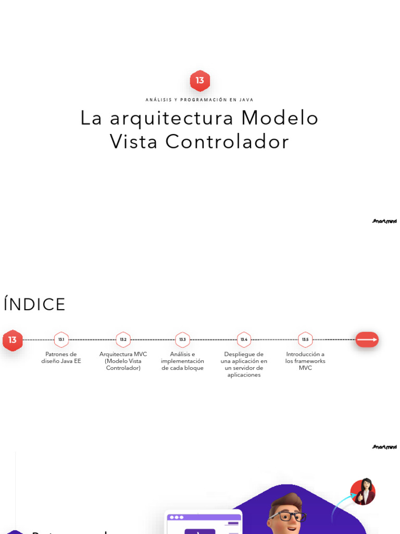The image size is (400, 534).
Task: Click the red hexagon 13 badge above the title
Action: click(x=200, y=81)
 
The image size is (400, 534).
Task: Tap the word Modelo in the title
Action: click(x=280, y=118)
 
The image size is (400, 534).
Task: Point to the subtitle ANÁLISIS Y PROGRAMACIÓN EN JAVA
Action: click(x=200, y=100)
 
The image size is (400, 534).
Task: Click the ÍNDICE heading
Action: click(x=34, y=305)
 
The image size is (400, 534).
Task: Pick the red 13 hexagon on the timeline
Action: click(x=12, y=340)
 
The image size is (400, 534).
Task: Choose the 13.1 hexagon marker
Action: click(x=61, y=339)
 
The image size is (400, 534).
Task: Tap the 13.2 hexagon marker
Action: click(x=123, y=339)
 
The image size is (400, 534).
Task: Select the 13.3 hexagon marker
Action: click(x=183, y=339)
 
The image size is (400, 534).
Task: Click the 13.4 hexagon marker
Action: click(x=244, y=339)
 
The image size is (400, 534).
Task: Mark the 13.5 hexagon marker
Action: click(x=305, y=339)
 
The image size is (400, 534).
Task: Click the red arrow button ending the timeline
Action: click(x=367, y=339)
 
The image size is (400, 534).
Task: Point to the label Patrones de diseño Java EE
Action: click(x=61, y=358)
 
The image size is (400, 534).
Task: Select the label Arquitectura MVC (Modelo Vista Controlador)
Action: click(x=123, y=361)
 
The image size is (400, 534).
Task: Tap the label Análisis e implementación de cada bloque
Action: click(x=183, y=361)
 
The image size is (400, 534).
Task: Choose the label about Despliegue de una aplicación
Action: click(x=244, y=364)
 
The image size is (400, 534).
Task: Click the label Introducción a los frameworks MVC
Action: click(x=305, y=361)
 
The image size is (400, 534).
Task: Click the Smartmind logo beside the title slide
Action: click(x=384, y=221)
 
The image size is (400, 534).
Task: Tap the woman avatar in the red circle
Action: click(x=363, y=492)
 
